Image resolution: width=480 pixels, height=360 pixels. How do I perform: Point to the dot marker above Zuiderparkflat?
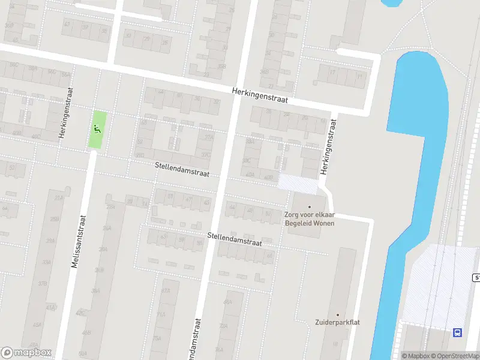pos(337,314)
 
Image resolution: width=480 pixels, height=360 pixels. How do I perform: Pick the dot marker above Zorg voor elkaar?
pos(310,207)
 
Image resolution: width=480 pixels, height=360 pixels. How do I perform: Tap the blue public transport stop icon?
pos(458,332)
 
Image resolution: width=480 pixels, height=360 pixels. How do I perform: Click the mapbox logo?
pos(26,353)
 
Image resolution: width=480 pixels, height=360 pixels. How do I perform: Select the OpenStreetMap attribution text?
pos(455,356)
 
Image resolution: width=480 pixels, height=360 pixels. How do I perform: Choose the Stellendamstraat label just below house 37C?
pos(182,169)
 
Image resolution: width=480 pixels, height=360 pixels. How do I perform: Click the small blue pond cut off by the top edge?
pos(391,3)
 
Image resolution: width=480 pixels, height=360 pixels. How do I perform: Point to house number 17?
pos(332,72)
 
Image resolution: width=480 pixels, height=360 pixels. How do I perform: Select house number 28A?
pos(110,207)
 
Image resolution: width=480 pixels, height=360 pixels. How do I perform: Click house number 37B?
pos(43,284)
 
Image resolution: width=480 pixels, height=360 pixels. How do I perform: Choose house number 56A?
pos(65,74)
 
